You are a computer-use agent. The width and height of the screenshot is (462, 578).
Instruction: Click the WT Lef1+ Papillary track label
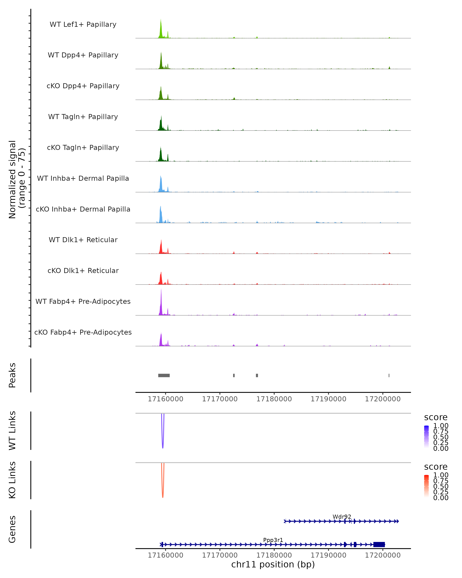pos(83,24)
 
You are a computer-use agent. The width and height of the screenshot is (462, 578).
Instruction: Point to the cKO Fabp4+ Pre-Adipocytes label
pos(83,332)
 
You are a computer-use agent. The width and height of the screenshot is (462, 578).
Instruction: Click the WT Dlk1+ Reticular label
pos(83,240)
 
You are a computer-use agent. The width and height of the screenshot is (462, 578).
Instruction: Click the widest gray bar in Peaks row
pos(164,375)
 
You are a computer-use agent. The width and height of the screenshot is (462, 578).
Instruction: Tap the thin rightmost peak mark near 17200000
pos(389,375)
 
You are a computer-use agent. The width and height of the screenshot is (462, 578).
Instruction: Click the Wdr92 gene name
pos(342,517)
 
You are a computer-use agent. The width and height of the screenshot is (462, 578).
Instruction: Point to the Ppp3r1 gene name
pos(273,540)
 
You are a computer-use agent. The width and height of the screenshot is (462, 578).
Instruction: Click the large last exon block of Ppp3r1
pos(379,544)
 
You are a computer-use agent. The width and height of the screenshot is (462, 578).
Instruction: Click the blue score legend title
pos(435,418)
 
